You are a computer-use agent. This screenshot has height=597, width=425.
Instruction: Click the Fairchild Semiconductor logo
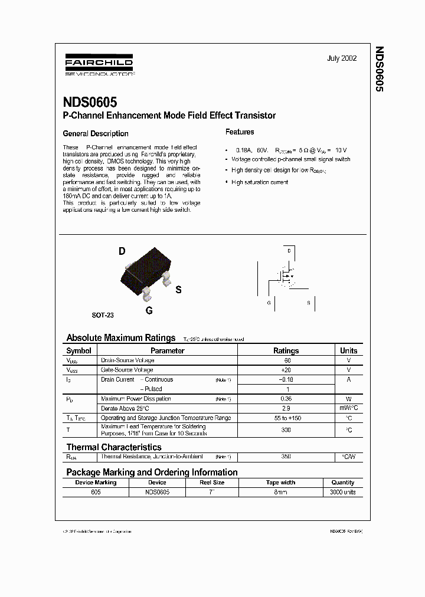point(98,66)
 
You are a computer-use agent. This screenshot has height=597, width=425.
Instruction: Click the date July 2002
point(342,59)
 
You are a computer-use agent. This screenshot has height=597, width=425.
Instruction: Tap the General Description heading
point(95,133)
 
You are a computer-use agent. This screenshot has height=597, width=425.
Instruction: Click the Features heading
point(240,132)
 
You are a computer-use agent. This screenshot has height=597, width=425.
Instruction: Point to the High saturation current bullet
point(260,182)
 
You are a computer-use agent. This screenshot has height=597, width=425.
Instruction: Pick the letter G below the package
point(149,310)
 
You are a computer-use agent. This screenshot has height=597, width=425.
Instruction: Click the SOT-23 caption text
point(103,315)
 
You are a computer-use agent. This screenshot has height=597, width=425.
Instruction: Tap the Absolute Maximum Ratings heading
point(120,338)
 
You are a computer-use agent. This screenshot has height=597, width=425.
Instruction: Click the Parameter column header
point(168,350)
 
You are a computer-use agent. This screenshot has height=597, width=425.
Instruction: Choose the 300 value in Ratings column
point(286,430)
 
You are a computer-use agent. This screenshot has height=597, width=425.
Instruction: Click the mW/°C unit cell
point(348,408)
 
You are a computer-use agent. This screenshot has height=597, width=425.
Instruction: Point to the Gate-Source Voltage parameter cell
point(128,370)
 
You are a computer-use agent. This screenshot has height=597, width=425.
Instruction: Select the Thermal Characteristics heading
point(113,447)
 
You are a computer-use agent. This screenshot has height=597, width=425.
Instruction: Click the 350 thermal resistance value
point(286,457)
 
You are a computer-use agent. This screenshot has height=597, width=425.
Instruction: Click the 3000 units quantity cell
point(342,492)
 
